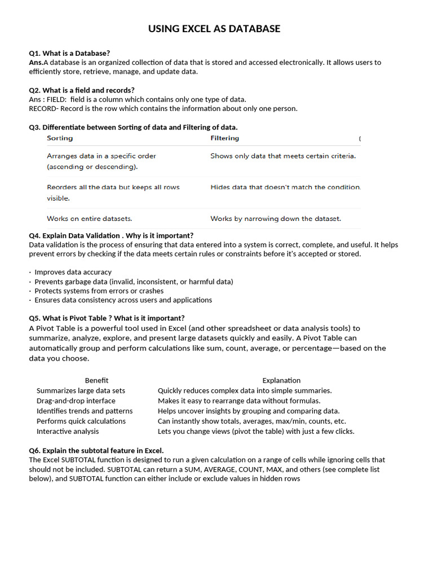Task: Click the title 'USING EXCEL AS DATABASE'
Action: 214,29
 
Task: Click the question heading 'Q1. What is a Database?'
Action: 69,53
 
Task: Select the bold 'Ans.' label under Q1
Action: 36,63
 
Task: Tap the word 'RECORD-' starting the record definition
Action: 44,109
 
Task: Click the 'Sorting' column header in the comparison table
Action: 60,138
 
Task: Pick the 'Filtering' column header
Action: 224,138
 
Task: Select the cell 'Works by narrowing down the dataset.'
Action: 275,218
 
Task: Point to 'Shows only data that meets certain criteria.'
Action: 282,156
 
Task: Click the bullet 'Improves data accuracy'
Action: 73,272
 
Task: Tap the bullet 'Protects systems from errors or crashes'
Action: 99,291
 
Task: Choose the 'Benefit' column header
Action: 96,380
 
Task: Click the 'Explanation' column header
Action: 281,380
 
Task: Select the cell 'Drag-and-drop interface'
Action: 76,401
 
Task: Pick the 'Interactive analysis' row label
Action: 68,431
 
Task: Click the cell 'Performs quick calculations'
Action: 81,421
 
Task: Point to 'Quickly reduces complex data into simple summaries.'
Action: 245,390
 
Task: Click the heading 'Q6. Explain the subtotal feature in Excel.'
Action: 96,451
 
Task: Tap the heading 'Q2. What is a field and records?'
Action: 82,90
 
